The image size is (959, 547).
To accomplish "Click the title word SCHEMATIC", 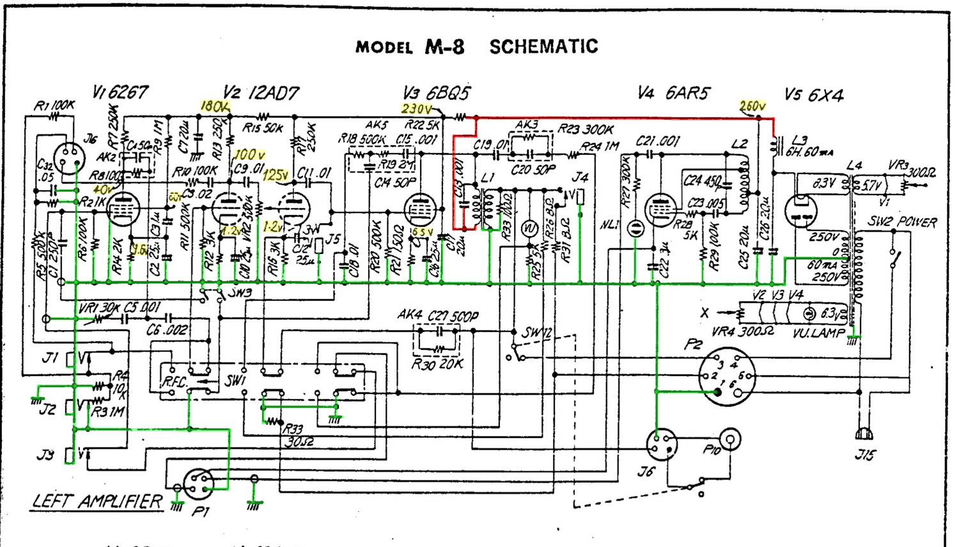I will [x=543, y=47].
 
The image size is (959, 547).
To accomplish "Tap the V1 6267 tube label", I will [x=120, y=93].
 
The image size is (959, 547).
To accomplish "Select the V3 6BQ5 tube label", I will [x=436, y=93].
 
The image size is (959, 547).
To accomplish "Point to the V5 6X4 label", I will [x=814, y=95].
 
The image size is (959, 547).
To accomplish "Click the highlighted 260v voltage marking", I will [x=752, y=106].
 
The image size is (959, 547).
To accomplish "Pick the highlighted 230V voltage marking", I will [x=416, y=109].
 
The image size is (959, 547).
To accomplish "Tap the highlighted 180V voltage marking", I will [x=214, y=106].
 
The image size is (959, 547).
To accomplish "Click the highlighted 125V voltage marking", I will [x=274, y=175].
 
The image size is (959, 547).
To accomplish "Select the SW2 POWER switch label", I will [x=902, y=223].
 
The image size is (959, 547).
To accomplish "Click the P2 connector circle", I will [x=726, y=377].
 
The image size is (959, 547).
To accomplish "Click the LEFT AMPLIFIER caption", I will [x=97, y=501].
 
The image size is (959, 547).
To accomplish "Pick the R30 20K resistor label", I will [x=437, y=365].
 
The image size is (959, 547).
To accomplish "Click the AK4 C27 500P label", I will [x=437, y=316].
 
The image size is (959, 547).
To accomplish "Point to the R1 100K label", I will [x=54, y=105].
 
